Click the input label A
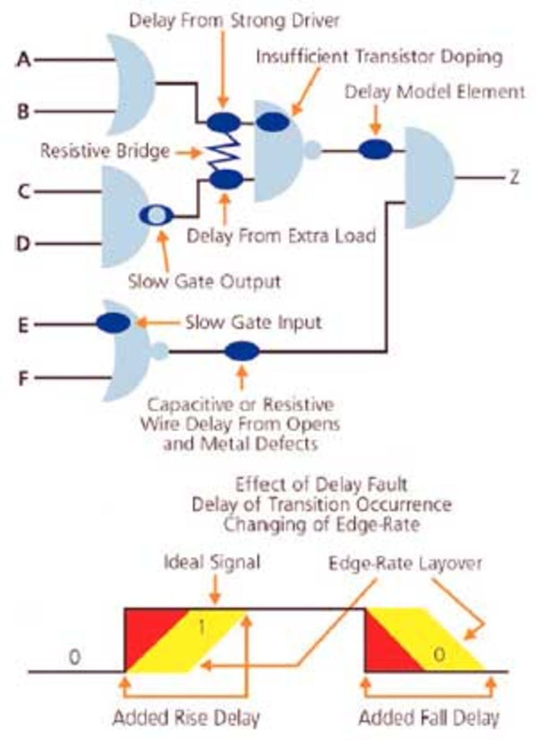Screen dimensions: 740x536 [x=23, y=59]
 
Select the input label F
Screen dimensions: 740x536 [x=23, y=378]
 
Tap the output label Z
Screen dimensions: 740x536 [x=514, y=177]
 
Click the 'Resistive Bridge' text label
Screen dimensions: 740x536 [x=105, y=151]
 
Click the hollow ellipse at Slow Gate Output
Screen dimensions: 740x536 [x=157, y=215]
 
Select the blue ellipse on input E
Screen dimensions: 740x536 [x=113, y=323]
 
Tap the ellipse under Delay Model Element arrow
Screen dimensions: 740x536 [x=376, y=150]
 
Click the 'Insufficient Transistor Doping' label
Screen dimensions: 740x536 [x=379, y=57]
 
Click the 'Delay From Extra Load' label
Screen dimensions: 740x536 [x=281, y=235]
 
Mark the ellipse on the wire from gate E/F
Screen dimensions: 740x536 [x=242, y=352]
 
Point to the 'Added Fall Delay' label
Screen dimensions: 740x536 [x=429, y=719]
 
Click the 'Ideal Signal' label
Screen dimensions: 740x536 [x=212, y=562]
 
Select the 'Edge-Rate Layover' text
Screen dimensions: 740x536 [x=406, y=563]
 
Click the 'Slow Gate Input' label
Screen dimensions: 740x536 [x=253, y=323]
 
